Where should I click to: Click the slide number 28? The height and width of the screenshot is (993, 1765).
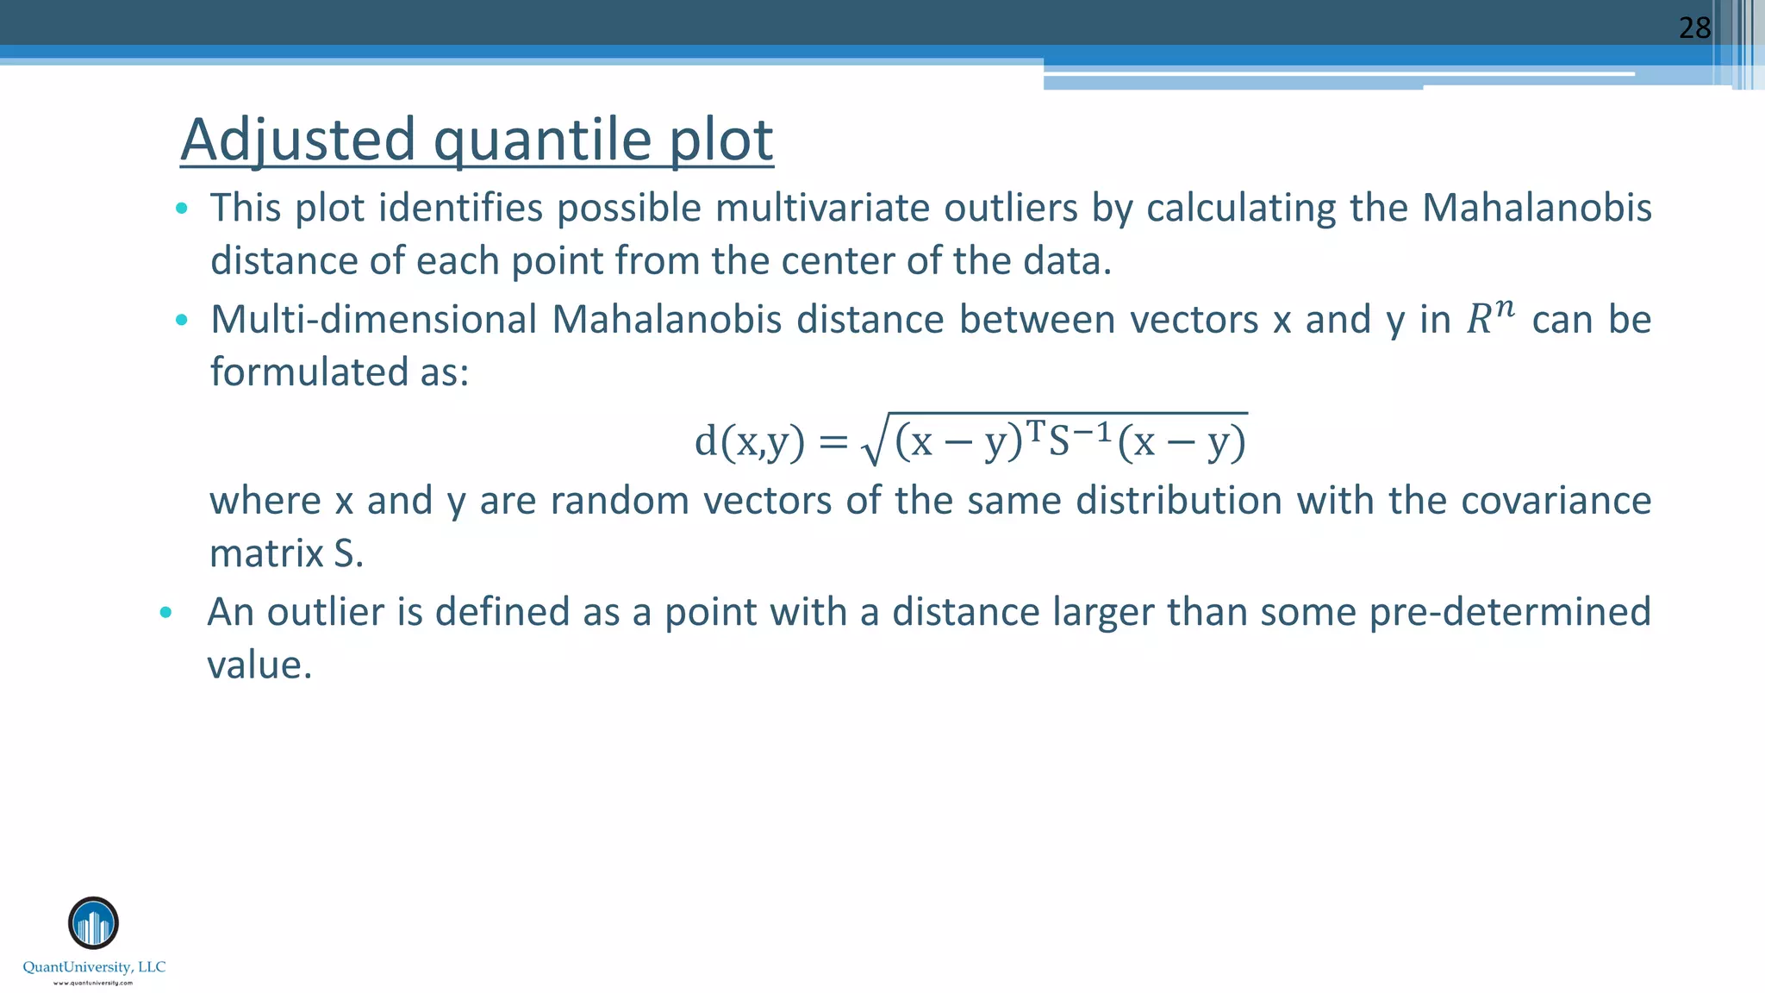[x=1694, y=28]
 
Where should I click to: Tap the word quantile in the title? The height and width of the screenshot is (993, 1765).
[x=542, y=141]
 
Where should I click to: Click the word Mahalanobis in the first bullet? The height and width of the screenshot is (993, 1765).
[x=1536, y=208]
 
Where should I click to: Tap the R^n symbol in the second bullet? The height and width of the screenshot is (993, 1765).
[x=1489, y=318]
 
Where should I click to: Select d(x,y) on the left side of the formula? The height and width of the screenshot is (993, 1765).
[x=749, y=442]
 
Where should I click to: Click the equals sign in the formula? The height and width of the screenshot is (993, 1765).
[x=833, y=443]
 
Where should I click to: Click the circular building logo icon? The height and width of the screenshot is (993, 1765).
[x=93, y=923]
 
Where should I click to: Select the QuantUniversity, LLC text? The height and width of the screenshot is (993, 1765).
[x=94, y=967]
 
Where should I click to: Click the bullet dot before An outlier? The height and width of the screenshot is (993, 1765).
[x=166, y=613]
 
